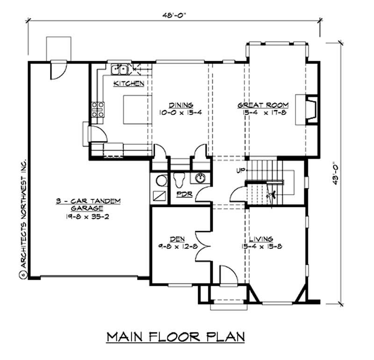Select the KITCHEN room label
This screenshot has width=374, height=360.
128,84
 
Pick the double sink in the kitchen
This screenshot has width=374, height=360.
121,70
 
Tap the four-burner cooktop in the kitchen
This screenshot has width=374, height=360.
98,109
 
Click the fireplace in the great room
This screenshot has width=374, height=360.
309,110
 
